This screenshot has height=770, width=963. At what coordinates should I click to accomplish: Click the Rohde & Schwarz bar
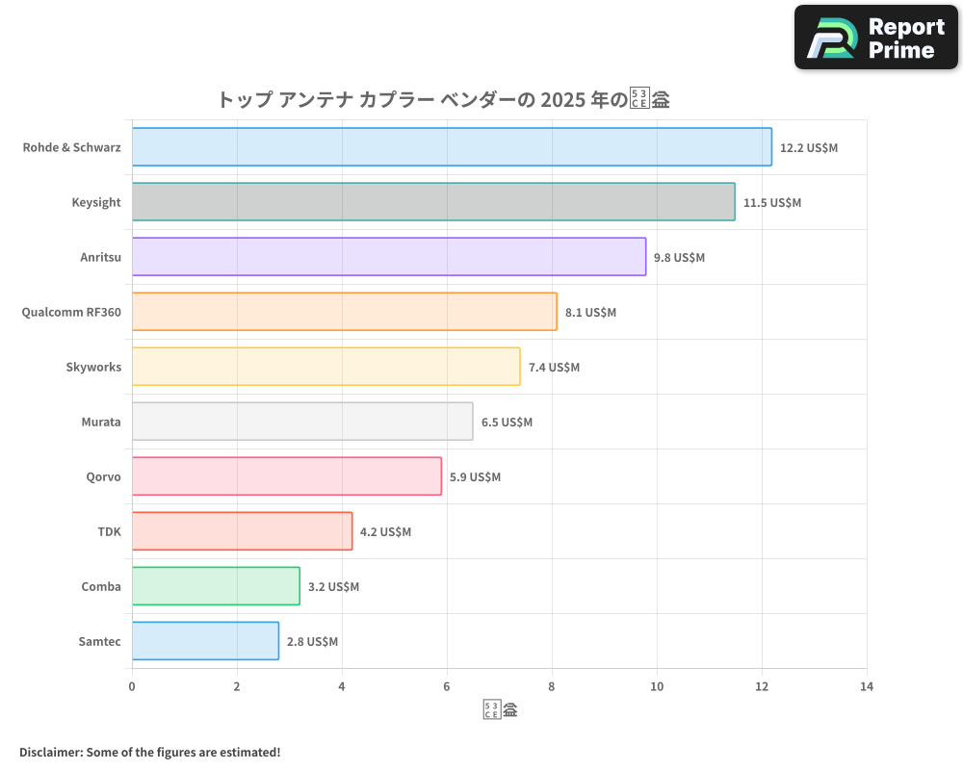[452, 147]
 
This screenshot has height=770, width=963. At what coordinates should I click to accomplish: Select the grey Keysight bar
[433, 202]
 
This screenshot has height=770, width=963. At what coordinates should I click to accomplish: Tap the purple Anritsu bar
[389, 257]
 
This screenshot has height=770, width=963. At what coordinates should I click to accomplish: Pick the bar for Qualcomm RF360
[344, 312]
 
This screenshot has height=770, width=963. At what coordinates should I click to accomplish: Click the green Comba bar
[216, 586]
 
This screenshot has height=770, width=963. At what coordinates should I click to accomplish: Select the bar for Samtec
[205, 641]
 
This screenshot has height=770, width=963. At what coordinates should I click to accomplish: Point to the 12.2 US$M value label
[809, 148]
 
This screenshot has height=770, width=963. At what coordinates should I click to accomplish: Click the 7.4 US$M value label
[554, 368]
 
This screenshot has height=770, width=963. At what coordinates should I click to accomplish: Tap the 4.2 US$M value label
[385, 532]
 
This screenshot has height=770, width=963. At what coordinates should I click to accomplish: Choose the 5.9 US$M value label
[475, 477]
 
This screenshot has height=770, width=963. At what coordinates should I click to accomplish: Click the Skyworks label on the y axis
[93, 367]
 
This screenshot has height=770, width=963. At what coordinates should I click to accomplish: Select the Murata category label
[101, 422]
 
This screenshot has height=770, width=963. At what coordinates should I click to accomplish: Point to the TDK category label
[109, 531]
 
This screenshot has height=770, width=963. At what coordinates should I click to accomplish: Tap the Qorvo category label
[103, 476]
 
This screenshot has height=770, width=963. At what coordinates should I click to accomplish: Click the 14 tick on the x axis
[867, 687]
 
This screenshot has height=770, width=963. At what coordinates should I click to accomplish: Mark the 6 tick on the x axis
[447, 687]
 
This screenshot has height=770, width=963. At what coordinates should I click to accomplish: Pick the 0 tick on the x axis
[132, 687]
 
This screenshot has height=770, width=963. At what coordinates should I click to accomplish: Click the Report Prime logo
[875, 38]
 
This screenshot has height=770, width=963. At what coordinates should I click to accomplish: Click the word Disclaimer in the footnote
[49, 752]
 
